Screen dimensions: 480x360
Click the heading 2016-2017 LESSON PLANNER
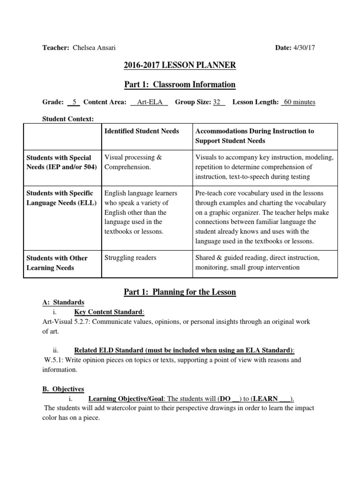(x=180, y=65)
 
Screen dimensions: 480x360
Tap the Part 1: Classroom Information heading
(x=180, y=84)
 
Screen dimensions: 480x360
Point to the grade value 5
(x=74, y=102)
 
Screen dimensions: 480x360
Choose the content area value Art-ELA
(x=149, y=102)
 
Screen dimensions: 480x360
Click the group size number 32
(x=217, y=102)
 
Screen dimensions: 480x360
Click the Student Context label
(x=68, y=119)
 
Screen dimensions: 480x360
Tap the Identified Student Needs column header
(x=142, y=131)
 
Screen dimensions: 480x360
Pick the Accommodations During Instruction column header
(x=255, y=136)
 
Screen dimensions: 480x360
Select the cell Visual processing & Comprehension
(x=133, y=162)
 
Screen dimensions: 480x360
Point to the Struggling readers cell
(x=130, y=258)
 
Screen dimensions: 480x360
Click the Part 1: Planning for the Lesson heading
(x=180, y=292)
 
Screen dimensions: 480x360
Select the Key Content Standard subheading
(x=109, y=312)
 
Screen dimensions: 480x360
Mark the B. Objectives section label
(x=63, y=389)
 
